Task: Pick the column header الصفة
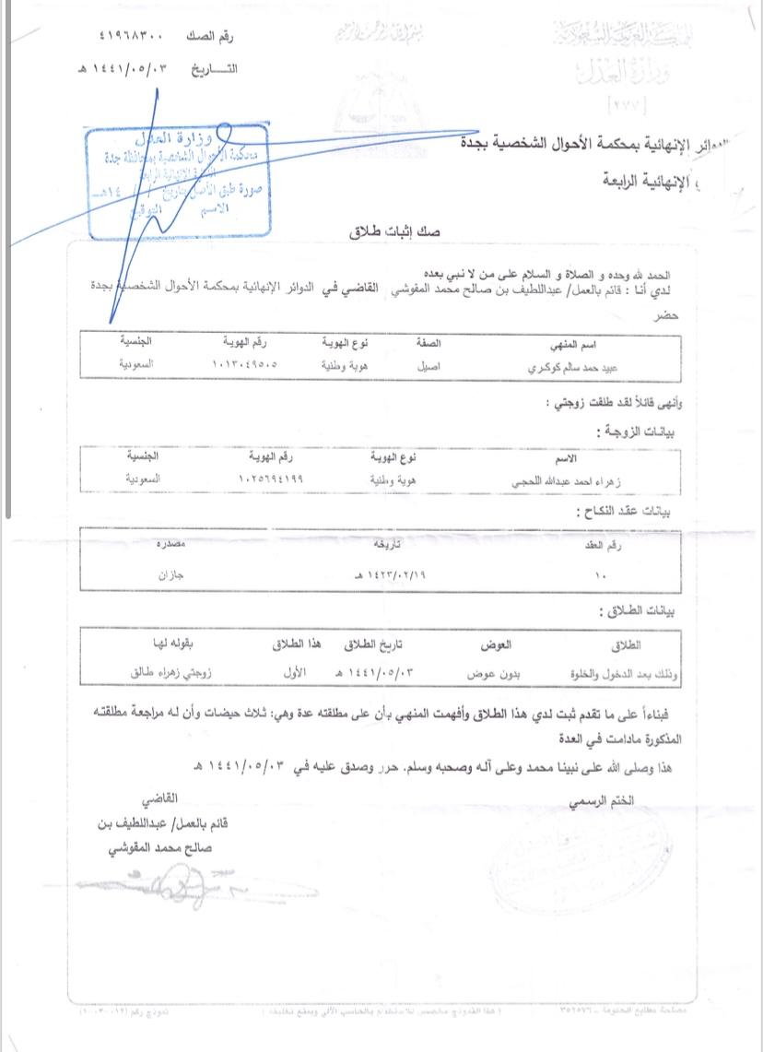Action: click(x=429, y=342)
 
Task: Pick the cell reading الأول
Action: click(x=294, y=673)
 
